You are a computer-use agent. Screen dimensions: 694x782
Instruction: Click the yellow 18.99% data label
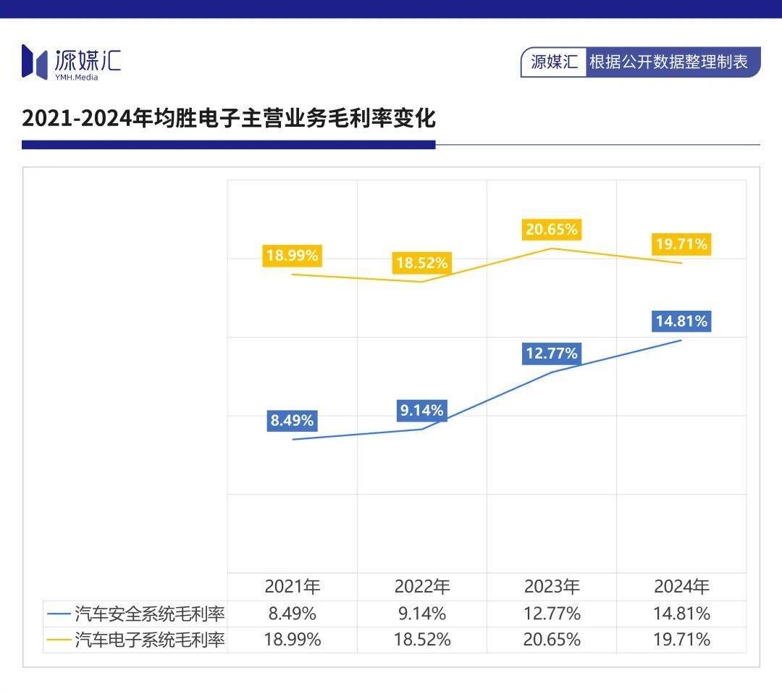[292, 255]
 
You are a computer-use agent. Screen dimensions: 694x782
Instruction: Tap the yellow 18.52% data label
[421, 263]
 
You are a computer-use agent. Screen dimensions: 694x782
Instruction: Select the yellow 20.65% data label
[552, 230]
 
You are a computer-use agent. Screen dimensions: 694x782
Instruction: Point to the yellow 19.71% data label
[681, 244]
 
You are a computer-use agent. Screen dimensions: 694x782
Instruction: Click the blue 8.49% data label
[292, 420]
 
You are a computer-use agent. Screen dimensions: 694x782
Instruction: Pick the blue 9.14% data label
[421, 411]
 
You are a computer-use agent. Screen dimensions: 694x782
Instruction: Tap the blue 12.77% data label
[552, 354]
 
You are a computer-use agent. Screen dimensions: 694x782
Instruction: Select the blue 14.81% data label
[681, 321]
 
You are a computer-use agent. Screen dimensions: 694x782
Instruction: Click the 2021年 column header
[292, 587]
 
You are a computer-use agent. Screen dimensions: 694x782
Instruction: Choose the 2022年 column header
[421, 587]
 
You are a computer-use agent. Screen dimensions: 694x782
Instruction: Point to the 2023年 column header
[552, 587]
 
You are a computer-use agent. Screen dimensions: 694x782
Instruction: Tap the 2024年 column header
[681, 587]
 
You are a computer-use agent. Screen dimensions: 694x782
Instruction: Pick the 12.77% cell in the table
[552, 614]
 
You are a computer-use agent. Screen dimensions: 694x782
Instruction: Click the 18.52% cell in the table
[421, 640]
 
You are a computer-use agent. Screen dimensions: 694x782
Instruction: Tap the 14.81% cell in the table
[681, 614]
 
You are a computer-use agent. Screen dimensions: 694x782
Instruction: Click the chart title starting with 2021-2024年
[229, 118]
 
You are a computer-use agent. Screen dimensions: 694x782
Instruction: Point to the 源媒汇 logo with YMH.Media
[71, 62]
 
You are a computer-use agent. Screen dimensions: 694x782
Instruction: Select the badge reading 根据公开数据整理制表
[668, 62]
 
